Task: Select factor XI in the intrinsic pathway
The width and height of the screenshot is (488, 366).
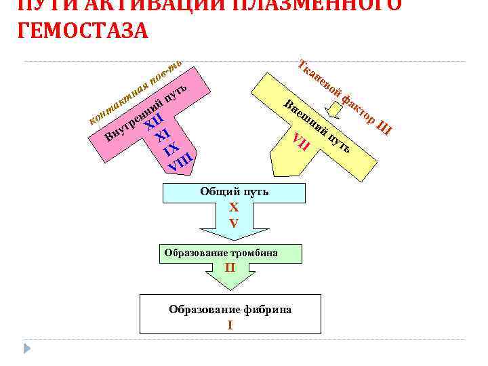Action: coord(161,135)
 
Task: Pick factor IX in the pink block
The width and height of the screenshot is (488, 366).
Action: coord(171,148)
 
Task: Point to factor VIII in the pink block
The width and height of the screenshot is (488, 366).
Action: coord(182,163)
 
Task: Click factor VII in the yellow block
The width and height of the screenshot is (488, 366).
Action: coord(301,142)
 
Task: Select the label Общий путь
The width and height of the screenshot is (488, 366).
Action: coord(234,192)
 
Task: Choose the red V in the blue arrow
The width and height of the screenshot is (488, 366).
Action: coord(234,222)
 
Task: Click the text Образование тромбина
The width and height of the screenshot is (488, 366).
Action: coord(221,253)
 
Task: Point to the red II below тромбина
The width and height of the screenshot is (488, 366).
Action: coord(230,267)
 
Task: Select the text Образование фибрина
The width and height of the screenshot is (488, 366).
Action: coord(230,309)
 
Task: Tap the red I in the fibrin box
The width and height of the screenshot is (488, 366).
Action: coord(230,325)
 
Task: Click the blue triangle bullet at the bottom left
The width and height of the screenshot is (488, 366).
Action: coord(28,349)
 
